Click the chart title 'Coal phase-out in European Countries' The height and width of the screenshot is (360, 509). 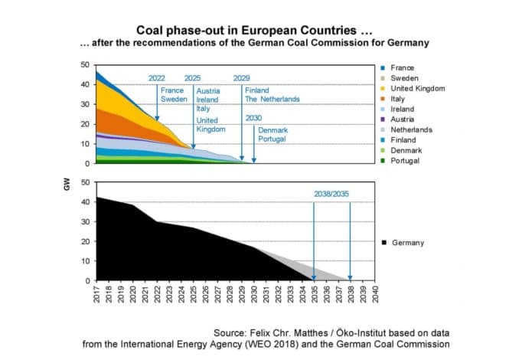[254, 31]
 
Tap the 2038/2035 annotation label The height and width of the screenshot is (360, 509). [331, 194]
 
